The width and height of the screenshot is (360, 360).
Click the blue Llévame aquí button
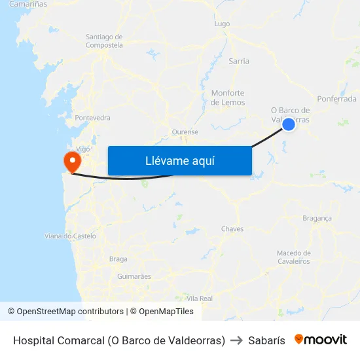coord(179,161)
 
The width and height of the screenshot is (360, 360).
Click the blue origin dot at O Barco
coord(289,123)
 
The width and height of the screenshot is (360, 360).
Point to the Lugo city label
coord(222,24)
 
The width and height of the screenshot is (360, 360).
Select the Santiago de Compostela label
coord(104,41)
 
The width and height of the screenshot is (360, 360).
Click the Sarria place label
coord(239,61)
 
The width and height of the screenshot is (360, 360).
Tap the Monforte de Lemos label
coord(228,98)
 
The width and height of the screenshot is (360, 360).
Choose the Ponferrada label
coord(336,99)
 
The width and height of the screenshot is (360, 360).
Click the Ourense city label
coord(185,132)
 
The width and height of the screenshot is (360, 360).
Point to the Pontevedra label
coord(92,118)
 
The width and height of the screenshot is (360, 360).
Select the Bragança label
coord(317,218)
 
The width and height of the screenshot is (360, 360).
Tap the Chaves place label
coord(232,228)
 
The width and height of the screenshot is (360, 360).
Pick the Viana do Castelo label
coord(70,236)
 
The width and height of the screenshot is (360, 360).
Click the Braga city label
coord(118,259)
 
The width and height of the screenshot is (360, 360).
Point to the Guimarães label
coord(134,276)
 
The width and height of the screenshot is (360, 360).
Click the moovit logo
coord(321,340)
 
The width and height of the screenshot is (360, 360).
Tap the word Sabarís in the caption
coord(266,340)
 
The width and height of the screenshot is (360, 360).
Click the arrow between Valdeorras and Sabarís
coord(236,340)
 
